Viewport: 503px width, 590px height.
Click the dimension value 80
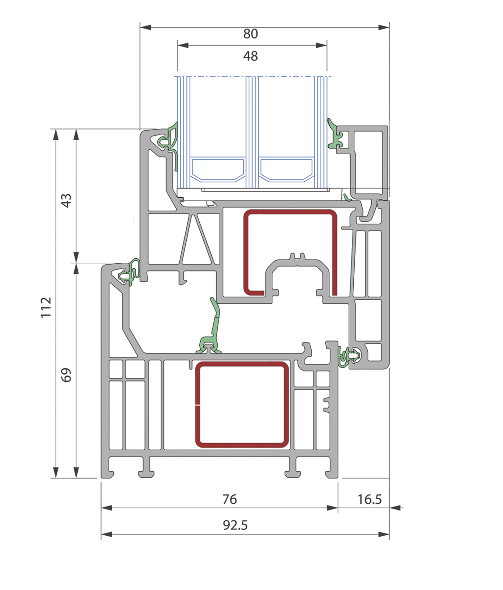click(x=251, y=34)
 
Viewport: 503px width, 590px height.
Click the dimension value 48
click(x=251, y=56)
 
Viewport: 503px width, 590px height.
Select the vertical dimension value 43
click(x=66, y=200)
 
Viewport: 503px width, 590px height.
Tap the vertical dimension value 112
click(x=46, y=307)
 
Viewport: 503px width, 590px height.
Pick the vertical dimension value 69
click(x=66, y=375)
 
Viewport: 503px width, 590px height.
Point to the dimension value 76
click(x=230, y=499)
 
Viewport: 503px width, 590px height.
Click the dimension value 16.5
click(x=369, y=499)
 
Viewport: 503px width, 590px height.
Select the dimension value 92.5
click(x=235, y=525)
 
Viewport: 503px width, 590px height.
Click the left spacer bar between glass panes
click(x=218, y=170)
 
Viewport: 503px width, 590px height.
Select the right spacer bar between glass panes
click(x=286, y=170)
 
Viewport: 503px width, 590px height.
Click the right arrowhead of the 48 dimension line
click(x=321, y=45)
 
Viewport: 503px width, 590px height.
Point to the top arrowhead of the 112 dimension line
click(x=56, y=134)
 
